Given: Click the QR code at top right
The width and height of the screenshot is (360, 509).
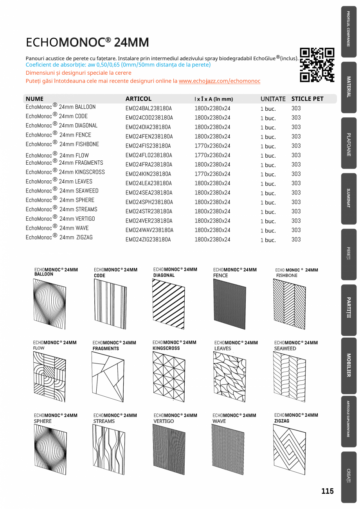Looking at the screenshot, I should pyautogui.click(x=317, y=65).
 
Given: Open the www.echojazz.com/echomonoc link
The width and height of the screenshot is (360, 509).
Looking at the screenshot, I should pyautogui.click(x=220, y=81).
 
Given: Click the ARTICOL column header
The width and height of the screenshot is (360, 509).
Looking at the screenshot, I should pyautogui.click(x=138, y=99).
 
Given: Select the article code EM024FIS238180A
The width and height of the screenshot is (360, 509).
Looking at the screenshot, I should pyautogui.click(x=148, y=146).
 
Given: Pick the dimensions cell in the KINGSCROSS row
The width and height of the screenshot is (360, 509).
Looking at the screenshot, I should pyautogui.click(x=212, y=174).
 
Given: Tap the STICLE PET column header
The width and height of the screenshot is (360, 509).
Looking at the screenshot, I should pyautogui.click(x=307, y=99).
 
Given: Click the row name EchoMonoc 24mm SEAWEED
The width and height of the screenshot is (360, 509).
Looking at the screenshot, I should pyautogui.click(x=62, y=191).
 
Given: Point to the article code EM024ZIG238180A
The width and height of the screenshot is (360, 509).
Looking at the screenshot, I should pyautogui.click(x=148, y=240).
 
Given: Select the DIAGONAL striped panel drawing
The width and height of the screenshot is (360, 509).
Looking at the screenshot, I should pyautogui.click(x=168, y=304).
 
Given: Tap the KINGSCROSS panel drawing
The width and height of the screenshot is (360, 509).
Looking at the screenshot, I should pyautogui.click(x=169, y=376).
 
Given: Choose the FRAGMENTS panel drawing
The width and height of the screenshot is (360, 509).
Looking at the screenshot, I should pyautogui.click(x=108, y=376).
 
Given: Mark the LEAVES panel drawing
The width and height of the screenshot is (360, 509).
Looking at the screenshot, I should pyautogui.click(x=229, y=376).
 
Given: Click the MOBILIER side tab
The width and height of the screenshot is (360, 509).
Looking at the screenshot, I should pyautogui.click(x=349, y=365).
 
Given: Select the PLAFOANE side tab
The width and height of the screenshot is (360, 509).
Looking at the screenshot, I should pyautogui.click(x=349, y=145).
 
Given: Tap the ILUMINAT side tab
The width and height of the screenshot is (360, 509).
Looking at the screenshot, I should pyautogui.click(x=349, y=198).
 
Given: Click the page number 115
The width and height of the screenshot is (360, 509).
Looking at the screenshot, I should pyautogui.click(x=328, y=491).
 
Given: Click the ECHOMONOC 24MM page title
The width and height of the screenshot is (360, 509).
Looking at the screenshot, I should pyautogui.click(x=87, y=42).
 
